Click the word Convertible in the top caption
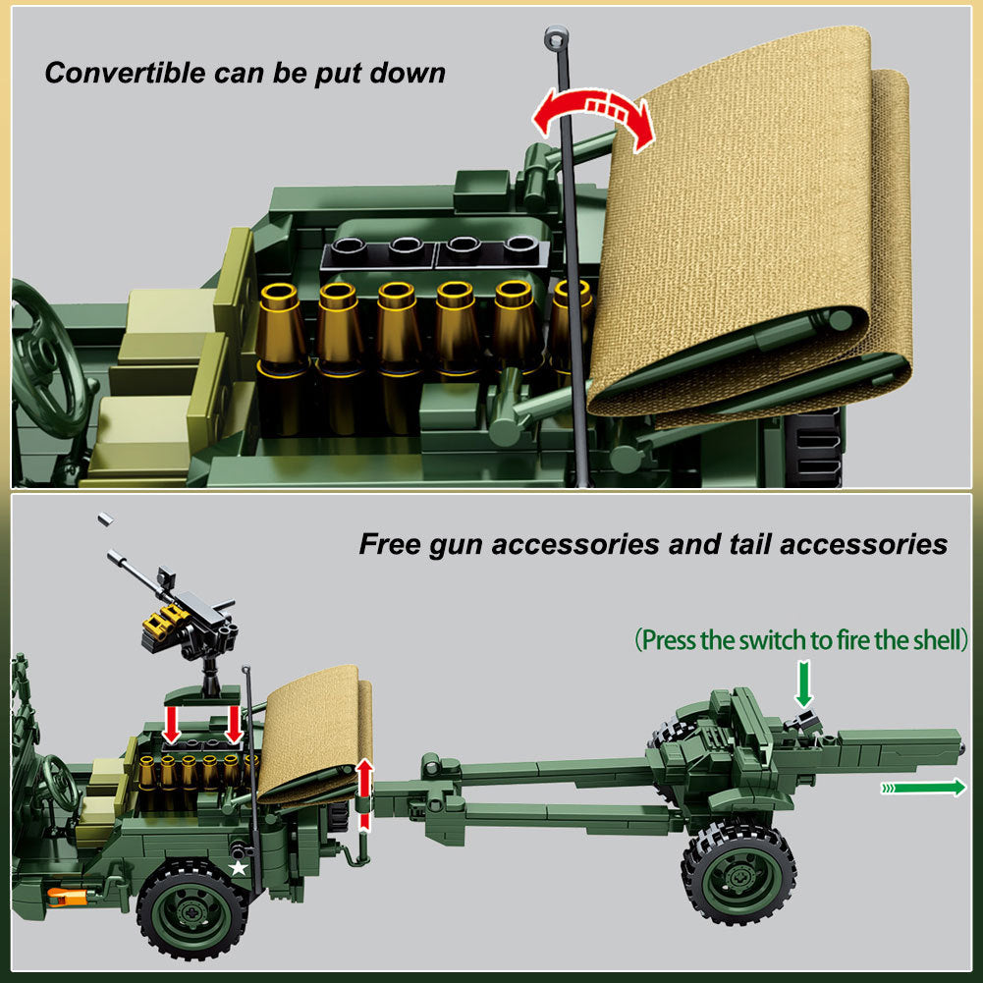125,73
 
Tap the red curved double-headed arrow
593,102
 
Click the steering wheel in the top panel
45,359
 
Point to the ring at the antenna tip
556,36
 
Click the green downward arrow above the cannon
803,685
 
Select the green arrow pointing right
923,788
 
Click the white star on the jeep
238,868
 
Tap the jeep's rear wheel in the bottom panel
192,909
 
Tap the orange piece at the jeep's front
65,897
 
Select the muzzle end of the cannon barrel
959,747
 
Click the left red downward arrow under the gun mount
171,725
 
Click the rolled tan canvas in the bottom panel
316,734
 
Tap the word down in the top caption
408,73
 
